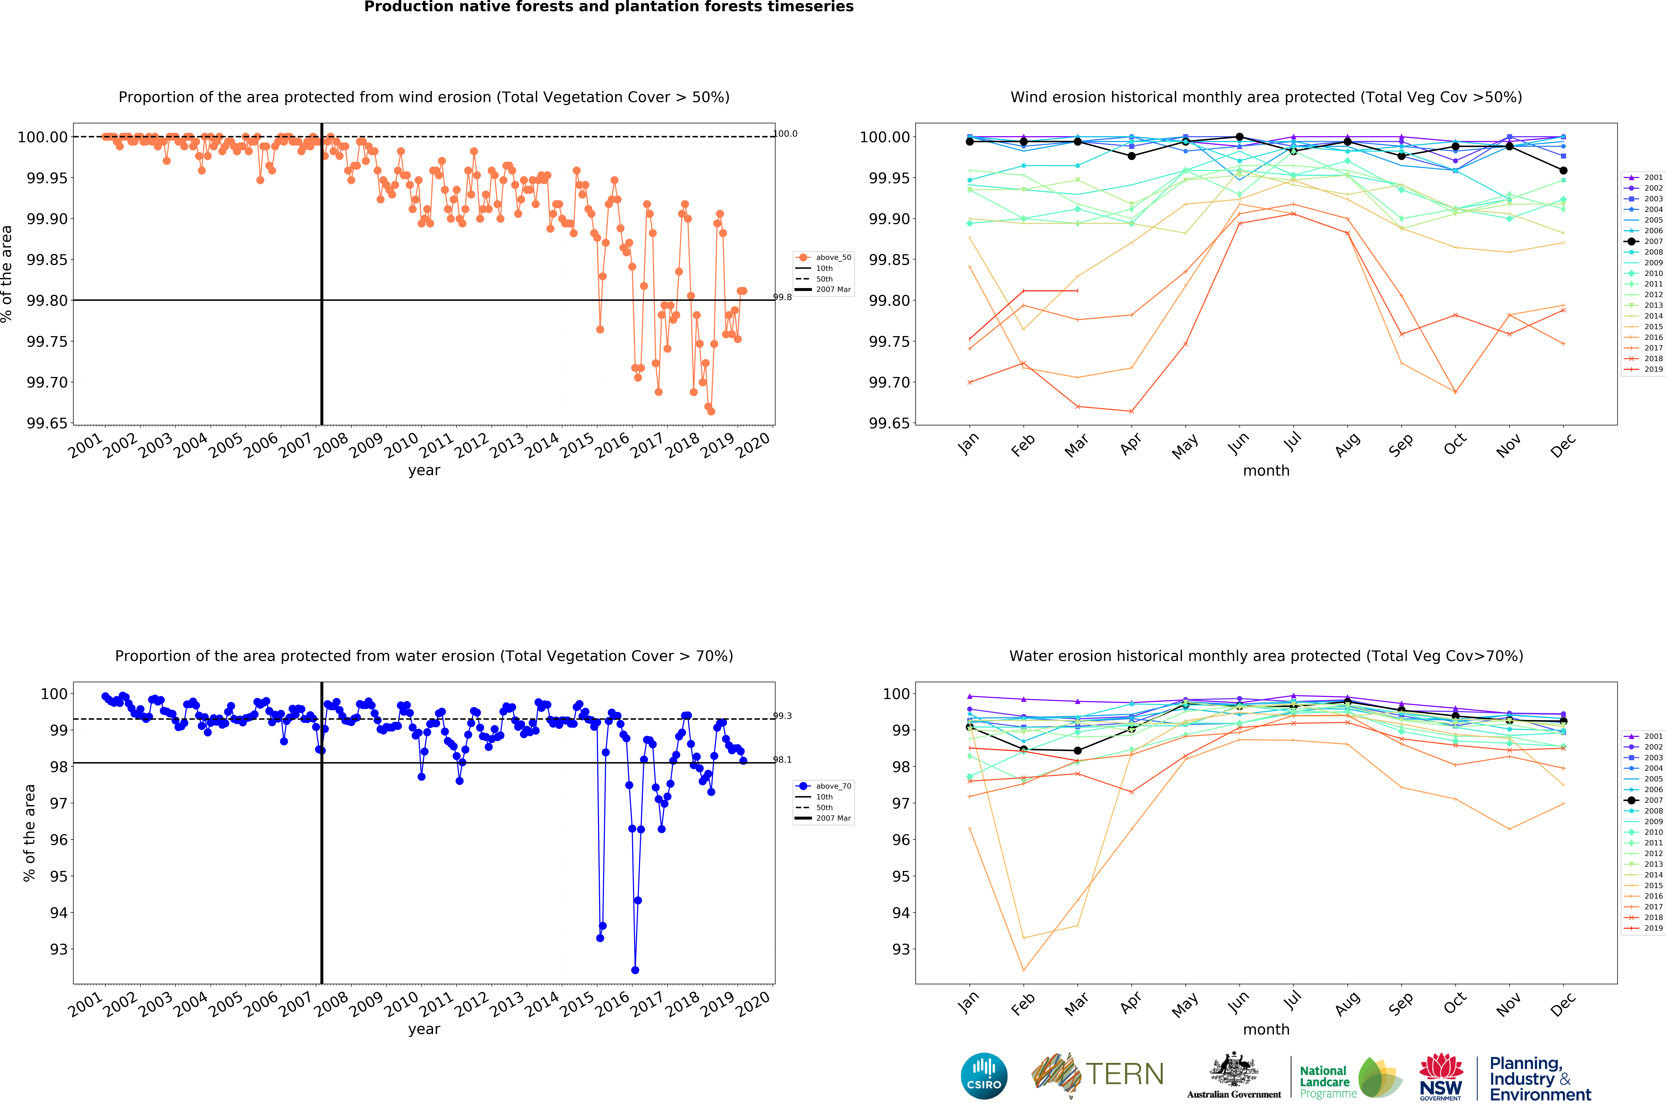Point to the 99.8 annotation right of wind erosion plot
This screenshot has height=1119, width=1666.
pos(783,298)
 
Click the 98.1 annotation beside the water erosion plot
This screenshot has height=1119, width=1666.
pos(783,760)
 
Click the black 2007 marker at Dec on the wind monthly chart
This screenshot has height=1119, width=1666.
pos(1563,171)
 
